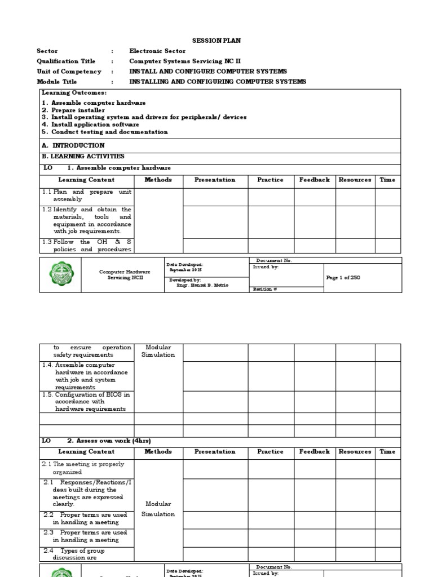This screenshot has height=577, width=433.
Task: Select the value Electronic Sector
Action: click(157, 51)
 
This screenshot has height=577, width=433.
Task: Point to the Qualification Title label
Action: click(66, 61)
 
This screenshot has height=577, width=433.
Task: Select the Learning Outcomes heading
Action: click(74, 92)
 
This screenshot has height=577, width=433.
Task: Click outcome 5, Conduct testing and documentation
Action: click(105, 132)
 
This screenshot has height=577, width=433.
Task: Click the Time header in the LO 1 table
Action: click(387, 180)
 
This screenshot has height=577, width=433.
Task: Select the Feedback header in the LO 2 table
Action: click(315, 451)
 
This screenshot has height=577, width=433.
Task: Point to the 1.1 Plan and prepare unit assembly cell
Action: click(87, 196)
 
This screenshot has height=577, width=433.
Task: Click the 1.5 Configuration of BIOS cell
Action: click(87, 402)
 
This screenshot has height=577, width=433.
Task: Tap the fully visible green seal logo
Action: click(60, 275)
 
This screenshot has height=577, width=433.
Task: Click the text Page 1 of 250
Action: click(343, 278)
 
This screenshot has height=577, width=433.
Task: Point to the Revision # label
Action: click(265, 289)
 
